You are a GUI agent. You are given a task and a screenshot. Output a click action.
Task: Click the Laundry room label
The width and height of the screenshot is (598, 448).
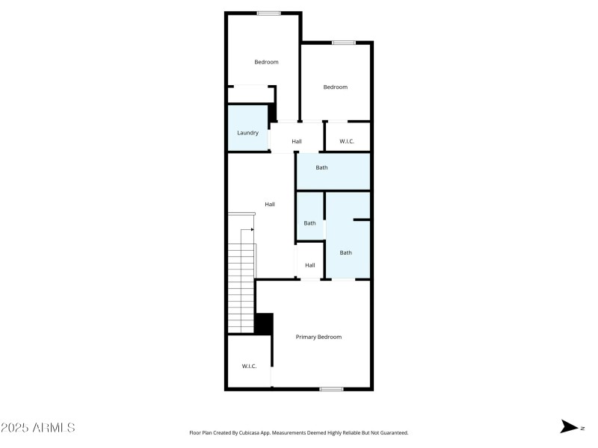248,133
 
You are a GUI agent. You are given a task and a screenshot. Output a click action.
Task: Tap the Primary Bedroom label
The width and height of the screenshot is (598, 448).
318,337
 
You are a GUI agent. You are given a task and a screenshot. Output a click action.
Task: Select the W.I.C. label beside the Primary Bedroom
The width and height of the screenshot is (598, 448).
249,366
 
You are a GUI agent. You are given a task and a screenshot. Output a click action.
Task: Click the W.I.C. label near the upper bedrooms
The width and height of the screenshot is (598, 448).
347,141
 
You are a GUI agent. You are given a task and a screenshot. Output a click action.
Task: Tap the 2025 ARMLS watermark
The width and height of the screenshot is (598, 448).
37,428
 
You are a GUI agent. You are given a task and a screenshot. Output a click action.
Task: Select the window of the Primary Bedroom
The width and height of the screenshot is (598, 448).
331,388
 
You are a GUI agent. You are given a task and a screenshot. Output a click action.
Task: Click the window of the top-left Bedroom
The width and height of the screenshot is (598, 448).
268,13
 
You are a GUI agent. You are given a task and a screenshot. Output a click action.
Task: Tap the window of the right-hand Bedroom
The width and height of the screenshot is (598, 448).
343,43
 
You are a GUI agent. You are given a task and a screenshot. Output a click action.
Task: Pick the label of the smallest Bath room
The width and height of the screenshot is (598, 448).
309,223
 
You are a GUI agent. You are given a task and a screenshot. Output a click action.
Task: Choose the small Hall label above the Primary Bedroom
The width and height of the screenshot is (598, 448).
309,265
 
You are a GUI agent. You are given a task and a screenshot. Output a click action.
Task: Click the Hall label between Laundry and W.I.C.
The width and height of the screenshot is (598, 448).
297,141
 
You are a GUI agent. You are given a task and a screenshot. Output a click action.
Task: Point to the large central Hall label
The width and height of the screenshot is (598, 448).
270,204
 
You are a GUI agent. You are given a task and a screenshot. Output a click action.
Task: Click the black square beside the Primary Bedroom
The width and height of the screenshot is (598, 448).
264,323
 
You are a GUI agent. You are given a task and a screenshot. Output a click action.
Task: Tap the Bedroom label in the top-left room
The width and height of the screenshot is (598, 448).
266,62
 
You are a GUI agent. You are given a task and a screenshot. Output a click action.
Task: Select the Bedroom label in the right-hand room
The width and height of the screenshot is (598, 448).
335,87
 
